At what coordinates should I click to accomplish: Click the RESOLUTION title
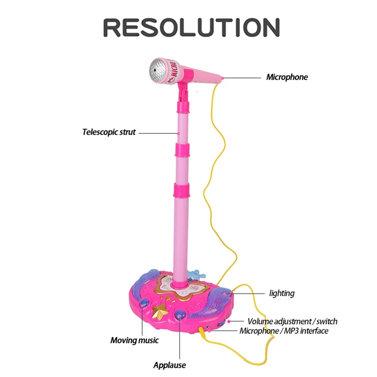192,27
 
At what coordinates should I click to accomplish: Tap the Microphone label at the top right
287,77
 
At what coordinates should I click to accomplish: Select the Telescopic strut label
109,132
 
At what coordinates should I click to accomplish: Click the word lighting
282,293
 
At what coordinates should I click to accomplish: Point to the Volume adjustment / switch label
292,321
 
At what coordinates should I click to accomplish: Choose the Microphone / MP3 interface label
284,331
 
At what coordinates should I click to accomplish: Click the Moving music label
134,340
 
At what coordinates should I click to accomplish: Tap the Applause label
170,365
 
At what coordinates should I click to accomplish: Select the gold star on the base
160,311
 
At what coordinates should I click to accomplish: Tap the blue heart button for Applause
180,315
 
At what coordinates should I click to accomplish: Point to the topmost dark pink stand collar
183,107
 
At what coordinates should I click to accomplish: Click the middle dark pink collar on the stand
182,150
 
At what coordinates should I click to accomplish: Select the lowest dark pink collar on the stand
181,190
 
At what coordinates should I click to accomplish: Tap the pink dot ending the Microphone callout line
222,78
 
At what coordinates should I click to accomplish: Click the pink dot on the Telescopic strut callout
179,133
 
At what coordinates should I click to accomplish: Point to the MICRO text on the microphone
173,69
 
